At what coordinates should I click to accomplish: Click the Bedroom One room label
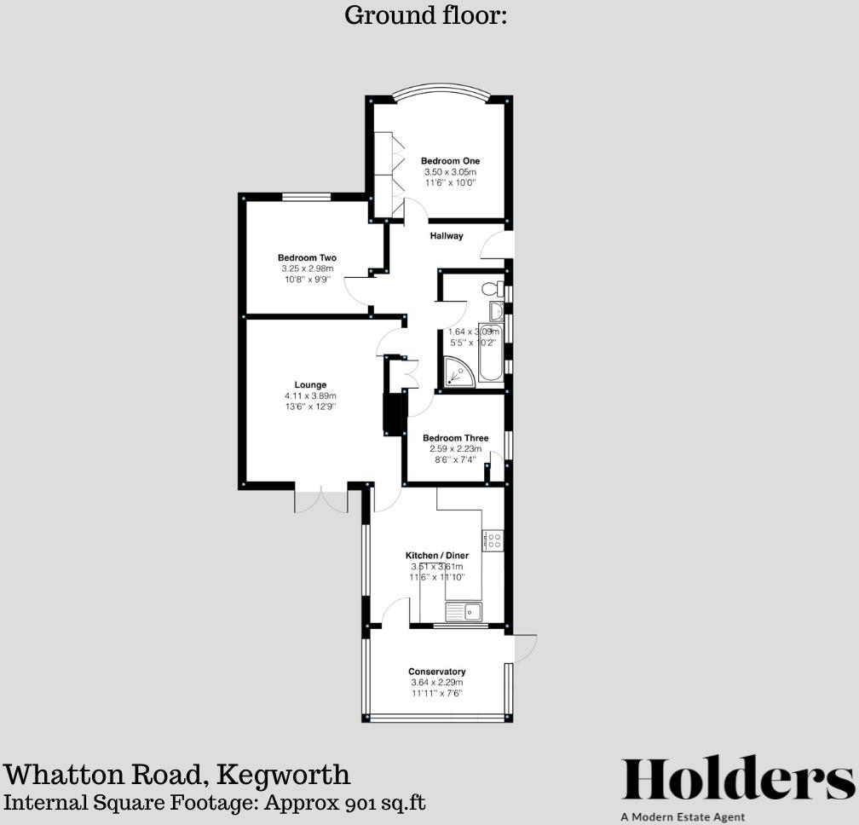450,161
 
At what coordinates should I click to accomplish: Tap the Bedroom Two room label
307,258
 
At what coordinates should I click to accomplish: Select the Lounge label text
310,385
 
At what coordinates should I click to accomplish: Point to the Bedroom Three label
456,439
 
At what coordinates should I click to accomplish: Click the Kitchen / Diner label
436,556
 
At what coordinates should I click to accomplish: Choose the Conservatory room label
436,672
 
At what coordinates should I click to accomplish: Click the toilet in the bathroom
491,287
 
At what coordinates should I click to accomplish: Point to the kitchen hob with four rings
493,539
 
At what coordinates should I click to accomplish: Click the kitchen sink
464,610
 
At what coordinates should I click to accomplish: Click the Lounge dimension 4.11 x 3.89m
310,396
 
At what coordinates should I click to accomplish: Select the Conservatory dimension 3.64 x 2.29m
436,683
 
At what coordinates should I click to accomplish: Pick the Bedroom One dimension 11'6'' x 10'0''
450,182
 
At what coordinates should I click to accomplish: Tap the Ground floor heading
425,14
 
